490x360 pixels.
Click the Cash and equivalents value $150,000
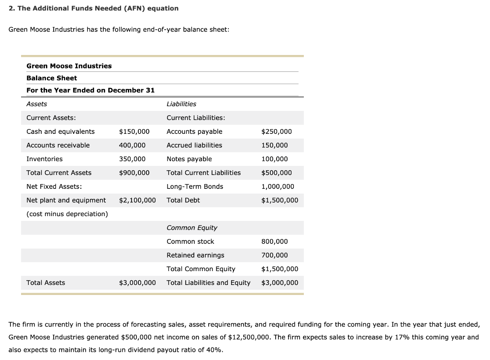134,131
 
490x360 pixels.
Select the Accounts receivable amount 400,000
132,145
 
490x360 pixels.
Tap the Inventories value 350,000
132,159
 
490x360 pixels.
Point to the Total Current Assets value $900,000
134,173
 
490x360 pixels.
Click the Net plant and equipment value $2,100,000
137,200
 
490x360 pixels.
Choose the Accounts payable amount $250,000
276,131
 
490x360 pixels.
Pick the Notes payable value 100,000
275,159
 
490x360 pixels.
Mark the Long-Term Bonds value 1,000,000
278,186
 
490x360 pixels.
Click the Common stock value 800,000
275,242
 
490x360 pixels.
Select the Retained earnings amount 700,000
275,255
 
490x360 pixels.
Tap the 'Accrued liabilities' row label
194,145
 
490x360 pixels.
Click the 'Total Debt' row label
183,200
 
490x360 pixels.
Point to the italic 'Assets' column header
37,104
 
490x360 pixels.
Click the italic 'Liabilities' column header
181,104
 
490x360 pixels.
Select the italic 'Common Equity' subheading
192,228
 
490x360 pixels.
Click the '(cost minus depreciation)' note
67,214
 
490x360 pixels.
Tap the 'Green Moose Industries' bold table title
69,66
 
